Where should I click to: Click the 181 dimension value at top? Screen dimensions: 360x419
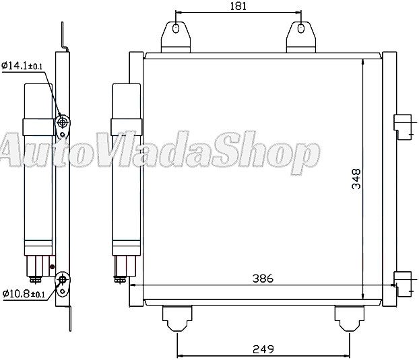238,7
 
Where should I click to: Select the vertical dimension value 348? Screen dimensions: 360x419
356,178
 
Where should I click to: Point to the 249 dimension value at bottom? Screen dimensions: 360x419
264,349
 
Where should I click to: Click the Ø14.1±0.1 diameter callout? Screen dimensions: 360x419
22,66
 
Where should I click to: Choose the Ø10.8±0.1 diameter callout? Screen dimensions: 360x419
22,294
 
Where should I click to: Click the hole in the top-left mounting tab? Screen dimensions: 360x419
176,30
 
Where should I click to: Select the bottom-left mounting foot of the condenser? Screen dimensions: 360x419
176,318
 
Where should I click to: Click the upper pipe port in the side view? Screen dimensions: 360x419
64,123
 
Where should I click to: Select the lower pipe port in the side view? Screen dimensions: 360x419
63,279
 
